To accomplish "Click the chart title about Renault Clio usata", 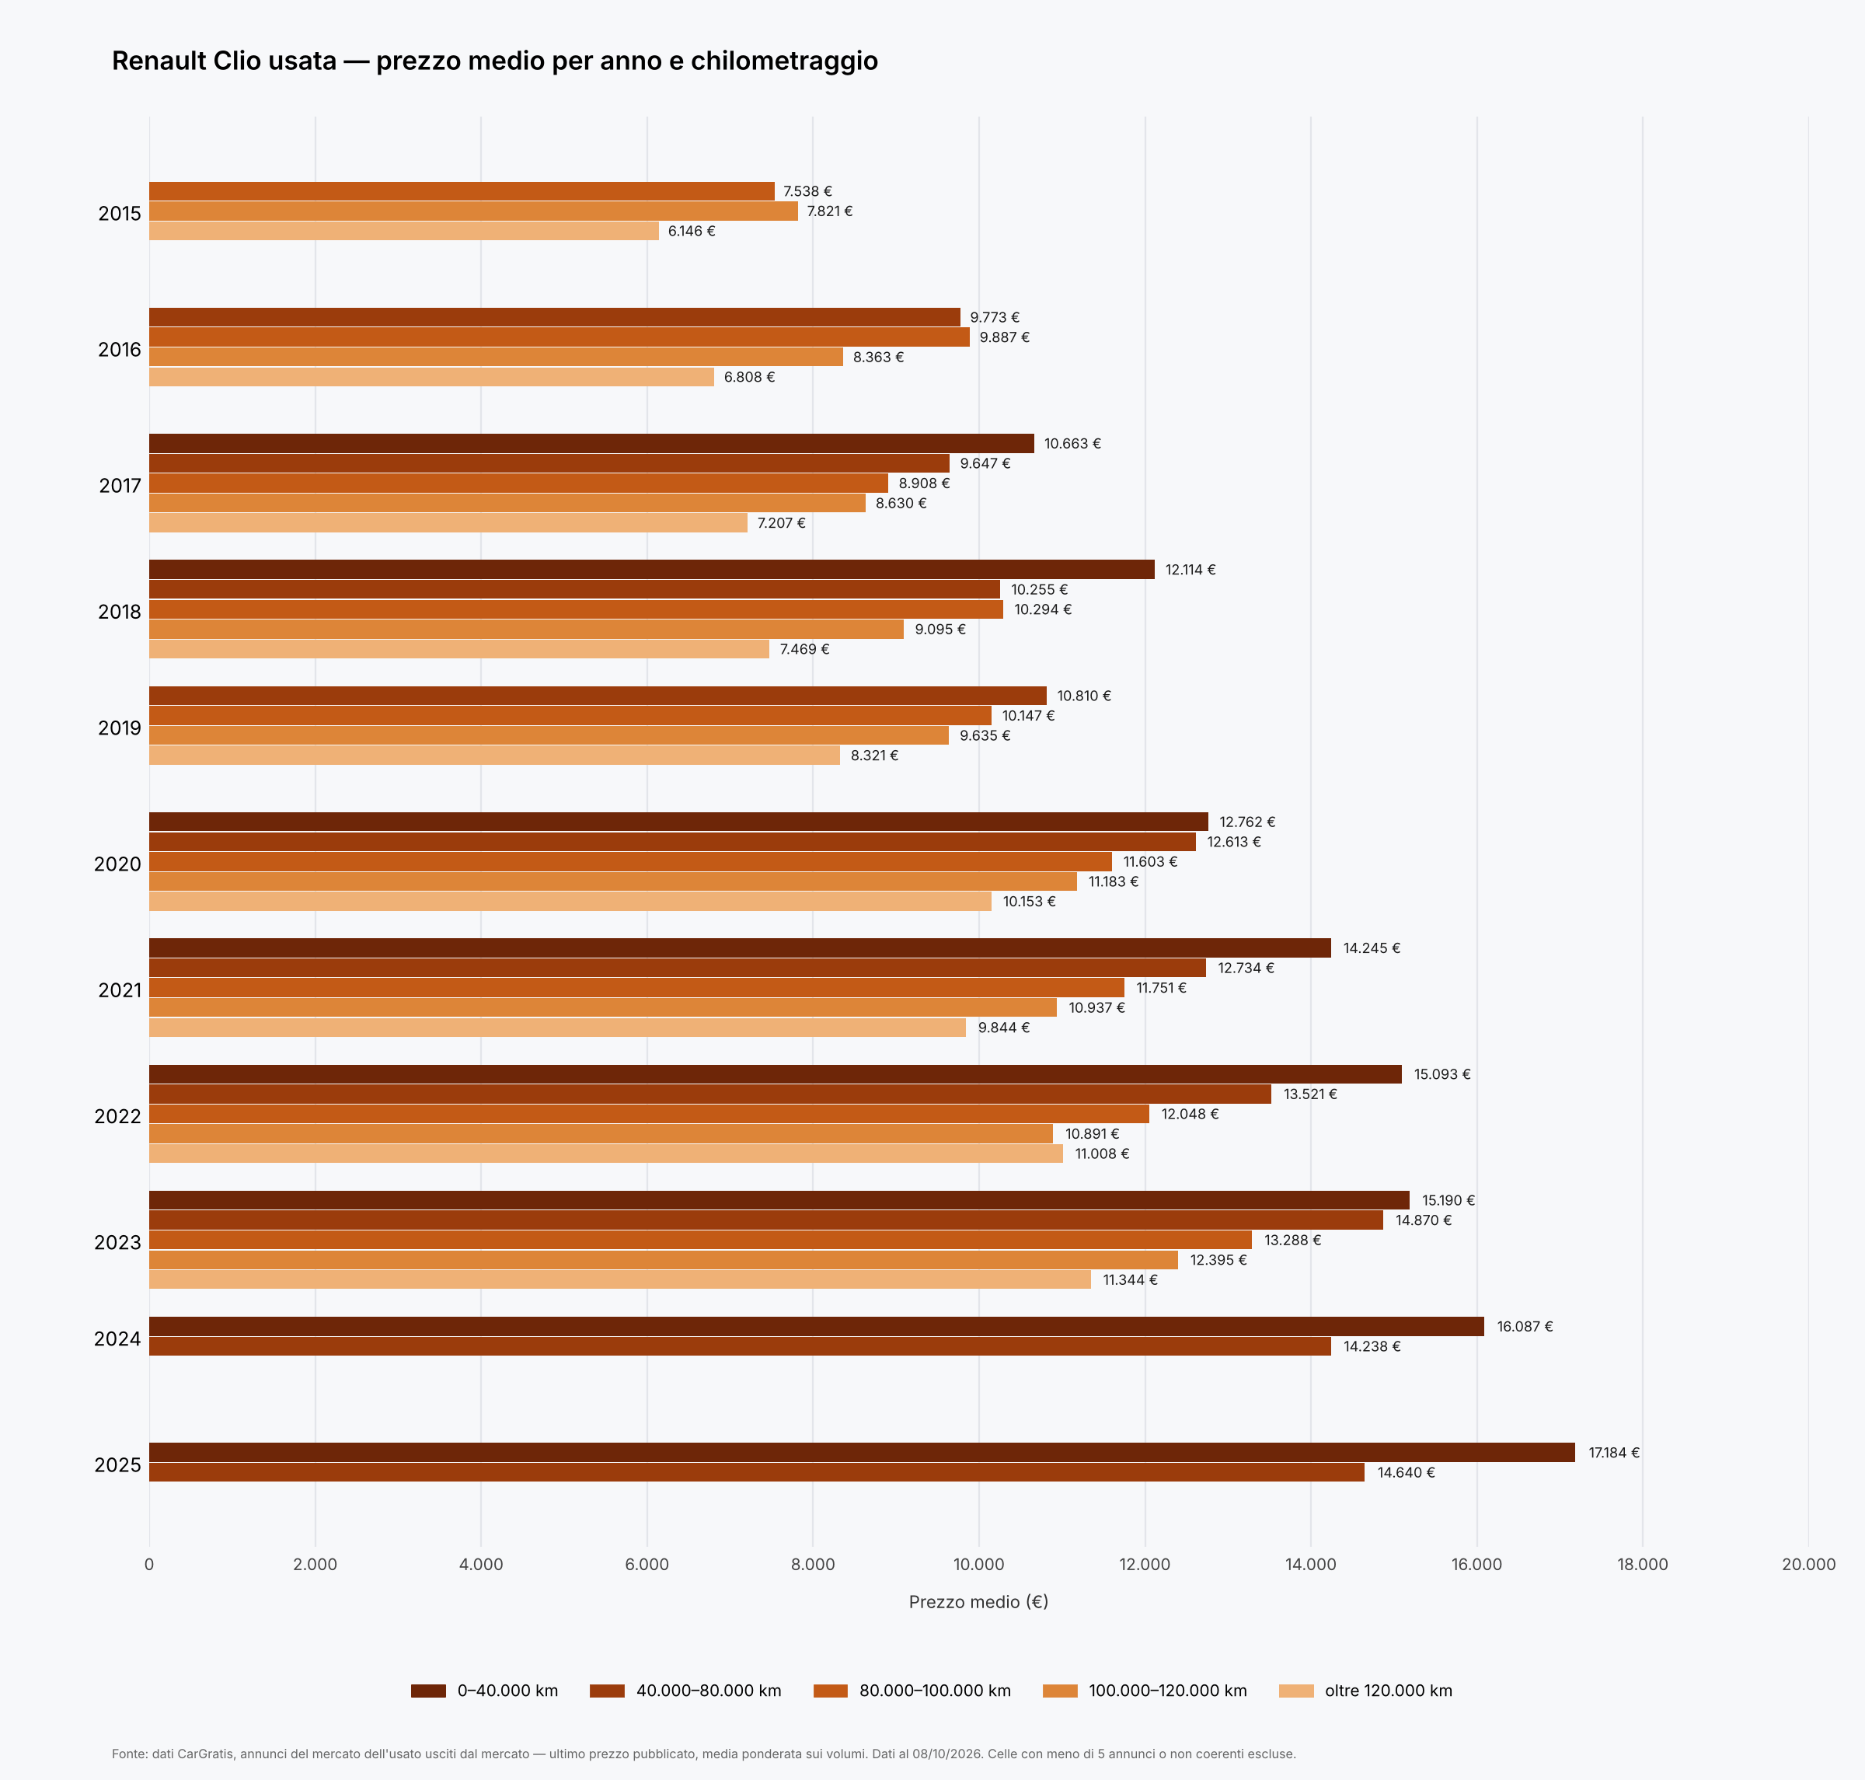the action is pos(494,61).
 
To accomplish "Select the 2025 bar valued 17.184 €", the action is pos(861,1452).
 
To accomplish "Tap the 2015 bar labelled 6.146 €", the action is pos(403,231).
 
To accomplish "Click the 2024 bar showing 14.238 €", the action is pos(740,1345).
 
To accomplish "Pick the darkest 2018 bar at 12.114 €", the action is pos(652,569).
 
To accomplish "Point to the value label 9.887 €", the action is pos(1005,337).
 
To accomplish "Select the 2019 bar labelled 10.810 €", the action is pos(598,696).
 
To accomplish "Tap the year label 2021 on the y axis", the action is pos(120,989).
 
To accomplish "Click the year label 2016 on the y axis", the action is pos(120,349).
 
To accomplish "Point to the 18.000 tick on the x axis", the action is pos(1642,1564).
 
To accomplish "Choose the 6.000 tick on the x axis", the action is pos(647,1564).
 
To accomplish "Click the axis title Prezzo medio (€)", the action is pos(978,1602).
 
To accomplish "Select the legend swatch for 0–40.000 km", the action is pos(428,1690).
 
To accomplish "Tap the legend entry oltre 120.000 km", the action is pos(1366,1690).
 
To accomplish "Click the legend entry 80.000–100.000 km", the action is pos(912,1690).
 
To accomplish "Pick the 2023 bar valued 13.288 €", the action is pos(700,1239).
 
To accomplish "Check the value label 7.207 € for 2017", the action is pos(781,523).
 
